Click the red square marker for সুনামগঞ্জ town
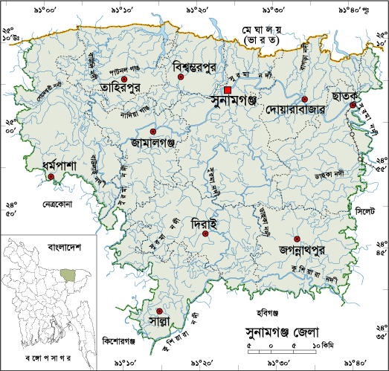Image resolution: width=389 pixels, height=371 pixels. (x=228, y=90)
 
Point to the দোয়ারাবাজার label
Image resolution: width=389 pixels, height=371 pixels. (x=297, y=109)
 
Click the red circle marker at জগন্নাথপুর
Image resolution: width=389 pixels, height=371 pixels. (x=297, y=239)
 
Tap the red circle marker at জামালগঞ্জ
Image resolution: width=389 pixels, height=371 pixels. (x=153, y=132)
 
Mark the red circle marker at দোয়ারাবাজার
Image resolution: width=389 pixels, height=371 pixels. (x=305, y=99)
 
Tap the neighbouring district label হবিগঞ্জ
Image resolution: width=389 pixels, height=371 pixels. (x=266, y=302)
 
